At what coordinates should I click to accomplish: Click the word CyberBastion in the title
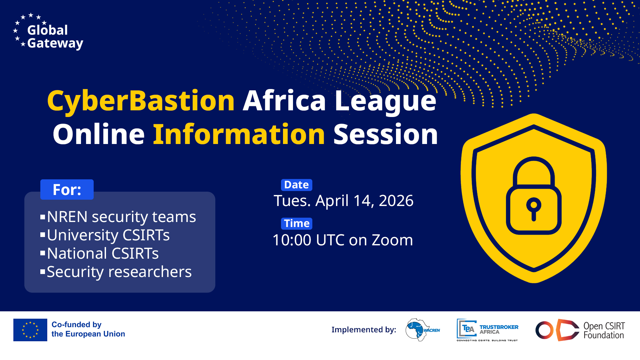pos(141,101)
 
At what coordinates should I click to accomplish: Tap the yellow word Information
pos(239,134)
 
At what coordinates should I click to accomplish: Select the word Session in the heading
pos(386,134)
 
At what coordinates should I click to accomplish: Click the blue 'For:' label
pos(67,189)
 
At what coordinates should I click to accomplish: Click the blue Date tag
pos(297,185)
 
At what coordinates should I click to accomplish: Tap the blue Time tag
pos(297,223)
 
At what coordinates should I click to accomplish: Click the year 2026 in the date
pos(396,201)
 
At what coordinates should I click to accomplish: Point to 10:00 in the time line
pos(292,240)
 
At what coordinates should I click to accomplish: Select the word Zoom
pos(392,240)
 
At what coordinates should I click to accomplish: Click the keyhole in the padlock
pos(534,208)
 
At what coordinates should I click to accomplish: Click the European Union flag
pos(30,330)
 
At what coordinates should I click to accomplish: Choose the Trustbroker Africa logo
pos(487,330)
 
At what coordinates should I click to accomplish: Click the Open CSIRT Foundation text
pos(604,330)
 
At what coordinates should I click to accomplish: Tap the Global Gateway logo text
pos(55,37)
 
